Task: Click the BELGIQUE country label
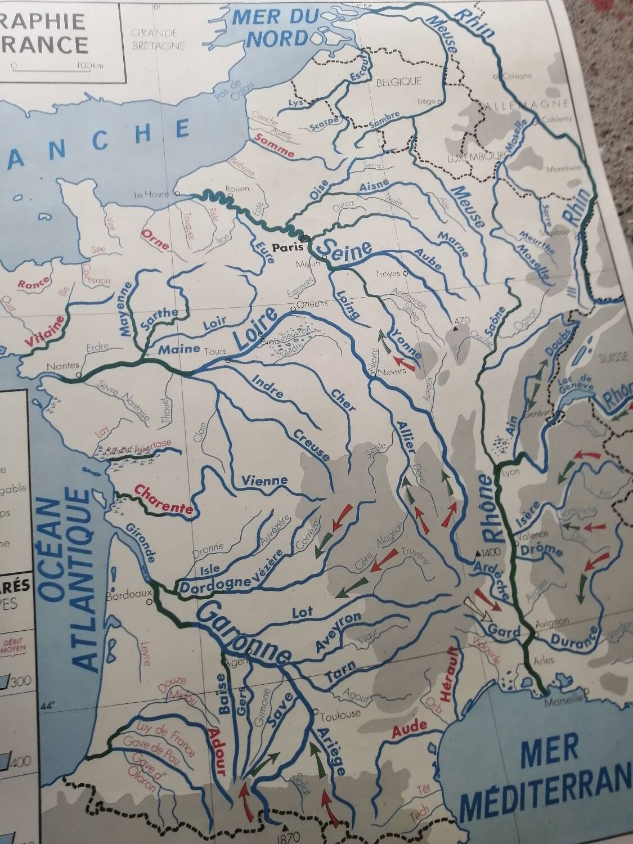398,82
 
